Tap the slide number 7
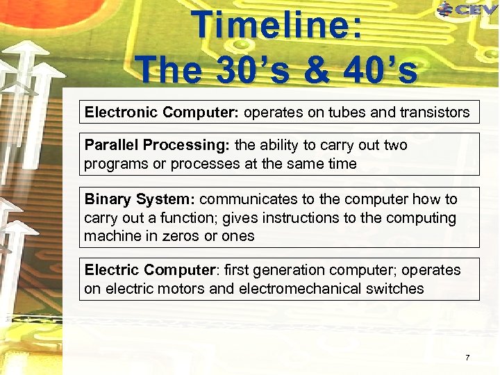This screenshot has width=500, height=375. coord(467,358)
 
